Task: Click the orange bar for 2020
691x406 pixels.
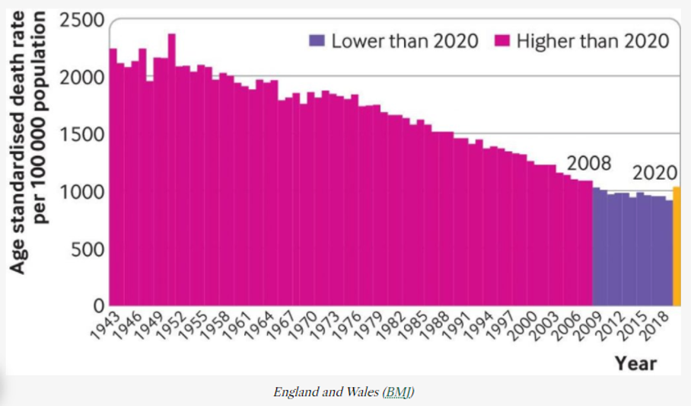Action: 677,244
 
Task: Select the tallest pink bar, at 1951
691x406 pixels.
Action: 172,168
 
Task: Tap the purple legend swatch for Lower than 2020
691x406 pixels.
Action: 317,40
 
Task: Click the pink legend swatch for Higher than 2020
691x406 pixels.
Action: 502,40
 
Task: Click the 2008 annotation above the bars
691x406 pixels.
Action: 589,164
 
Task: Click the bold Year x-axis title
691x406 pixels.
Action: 635,363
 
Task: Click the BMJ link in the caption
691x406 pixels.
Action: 399,393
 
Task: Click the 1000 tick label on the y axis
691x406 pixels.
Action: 81,192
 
